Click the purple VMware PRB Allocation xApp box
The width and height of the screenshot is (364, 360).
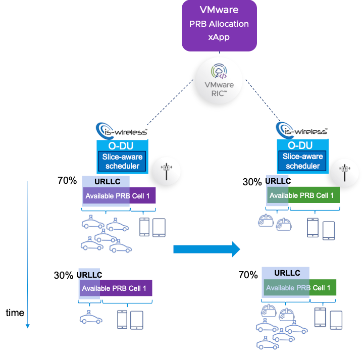219,25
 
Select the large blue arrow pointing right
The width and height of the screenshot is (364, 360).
206,248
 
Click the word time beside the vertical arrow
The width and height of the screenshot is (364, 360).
15,313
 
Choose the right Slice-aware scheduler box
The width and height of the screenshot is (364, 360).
302,161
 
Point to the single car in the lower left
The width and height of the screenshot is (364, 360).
91,318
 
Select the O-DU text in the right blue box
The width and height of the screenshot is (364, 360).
302,145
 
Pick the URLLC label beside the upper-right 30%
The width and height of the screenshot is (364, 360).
278,181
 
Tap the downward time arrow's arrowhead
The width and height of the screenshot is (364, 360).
28,325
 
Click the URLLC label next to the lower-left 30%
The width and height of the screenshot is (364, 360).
89,275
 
